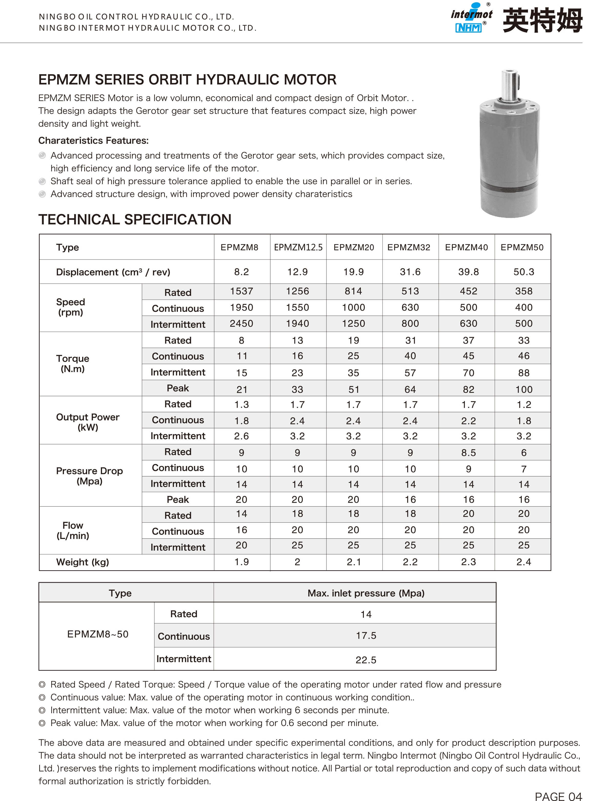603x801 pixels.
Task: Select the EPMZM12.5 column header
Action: (298, 247)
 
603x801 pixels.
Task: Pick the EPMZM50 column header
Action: (522, 247)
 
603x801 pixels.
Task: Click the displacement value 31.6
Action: (410, 272)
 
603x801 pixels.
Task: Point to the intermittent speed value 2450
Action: (241, 323)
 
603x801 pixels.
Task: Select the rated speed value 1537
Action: (241, 291)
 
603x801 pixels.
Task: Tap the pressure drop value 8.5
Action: (468, 453)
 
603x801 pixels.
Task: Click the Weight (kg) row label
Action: (82, 562)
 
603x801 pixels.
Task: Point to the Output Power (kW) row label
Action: (88, 422)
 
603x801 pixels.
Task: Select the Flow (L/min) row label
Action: (73, 530)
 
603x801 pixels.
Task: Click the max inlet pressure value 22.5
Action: (366, 660)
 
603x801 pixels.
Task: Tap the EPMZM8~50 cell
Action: (98, 634)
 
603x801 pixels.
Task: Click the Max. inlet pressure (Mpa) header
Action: (366, 593)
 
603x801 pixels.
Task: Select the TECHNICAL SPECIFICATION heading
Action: (135, 219)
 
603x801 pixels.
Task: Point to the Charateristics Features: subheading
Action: (93, 141)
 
